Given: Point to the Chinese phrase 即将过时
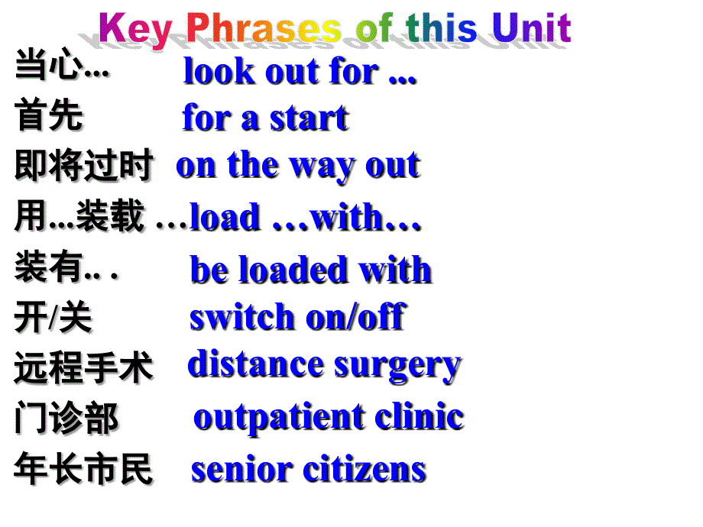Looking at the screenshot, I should pyautogui.click(x=83, y=166).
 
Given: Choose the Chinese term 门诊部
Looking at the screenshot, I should pyautogui.click(x=66, y=419).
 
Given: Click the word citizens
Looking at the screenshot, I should pyautogui.click(x=366, y=469).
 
